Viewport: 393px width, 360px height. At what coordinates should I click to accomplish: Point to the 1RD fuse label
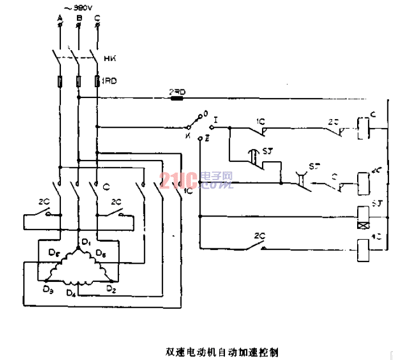109,81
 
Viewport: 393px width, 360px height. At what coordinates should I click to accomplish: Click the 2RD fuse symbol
177,97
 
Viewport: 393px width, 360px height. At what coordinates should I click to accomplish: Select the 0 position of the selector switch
206,114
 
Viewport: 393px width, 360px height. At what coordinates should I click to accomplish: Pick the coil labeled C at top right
362,126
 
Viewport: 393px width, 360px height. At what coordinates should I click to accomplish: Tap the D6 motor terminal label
100,252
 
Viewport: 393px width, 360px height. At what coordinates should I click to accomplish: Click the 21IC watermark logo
197,181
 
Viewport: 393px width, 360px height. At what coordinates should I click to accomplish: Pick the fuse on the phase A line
59,81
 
